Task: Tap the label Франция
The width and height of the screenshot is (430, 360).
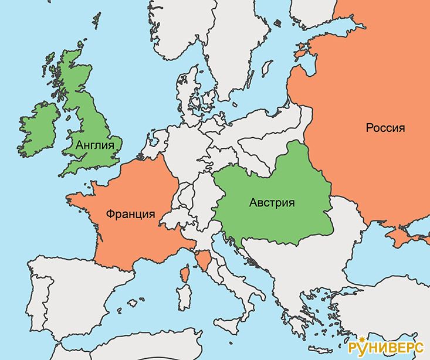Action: point(131,214)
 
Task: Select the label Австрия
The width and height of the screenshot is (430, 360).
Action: point(271,203)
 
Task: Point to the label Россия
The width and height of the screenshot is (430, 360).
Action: point(385,128)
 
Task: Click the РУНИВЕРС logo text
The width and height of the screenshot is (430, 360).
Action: point(387,347)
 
